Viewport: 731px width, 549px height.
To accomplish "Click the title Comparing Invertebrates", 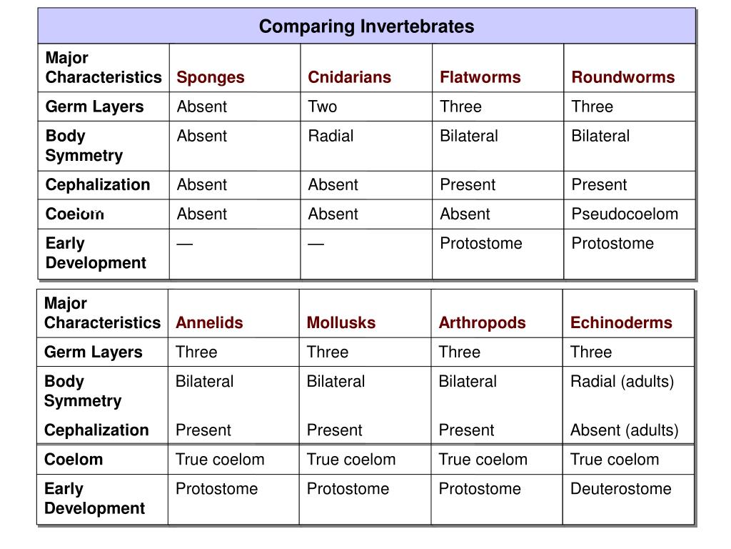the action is point(366,26).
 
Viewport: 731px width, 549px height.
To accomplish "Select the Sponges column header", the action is point(211,77).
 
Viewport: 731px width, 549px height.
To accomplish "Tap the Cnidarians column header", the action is point(349,77).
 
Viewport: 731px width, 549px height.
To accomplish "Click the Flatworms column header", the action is point(480,77).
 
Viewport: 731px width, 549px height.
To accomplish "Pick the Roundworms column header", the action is point(622,77).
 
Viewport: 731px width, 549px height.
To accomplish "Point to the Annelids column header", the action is point(209,322).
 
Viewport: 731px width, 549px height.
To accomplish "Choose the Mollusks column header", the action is point(341,322).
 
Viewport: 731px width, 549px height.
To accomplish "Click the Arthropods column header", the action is point(482,323).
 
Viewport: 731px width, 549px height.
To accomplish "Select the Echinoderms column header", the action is point(621,322).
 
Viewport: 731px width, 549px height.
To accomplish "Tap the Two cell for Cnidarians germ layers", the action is point(322,107).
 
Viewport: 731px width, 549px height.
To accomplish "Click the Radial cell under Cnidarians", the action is point(331,136).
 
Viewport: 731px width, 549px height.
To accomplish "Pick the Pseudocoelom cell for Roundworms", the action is point(625,214).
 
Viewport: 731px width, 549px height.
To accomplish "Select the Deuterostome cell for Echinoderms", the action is point(620,489).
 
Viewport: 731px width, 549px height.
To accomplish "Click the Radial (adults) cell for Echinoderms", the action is point(622,382).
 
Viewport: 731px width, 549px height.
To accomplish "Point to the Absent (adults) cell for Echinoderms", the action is point(624,430).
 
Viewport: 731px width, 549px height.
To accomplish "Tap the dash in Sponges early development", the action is point(185,244).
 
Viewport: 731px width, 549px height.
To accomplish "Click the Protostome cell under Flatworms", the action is point(480,243).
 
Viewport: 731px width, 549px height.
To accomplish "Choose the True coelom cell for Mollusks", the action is point(351,460).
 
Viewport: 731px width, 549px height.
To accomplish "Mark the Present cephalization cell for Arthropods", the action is point(466,430).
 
